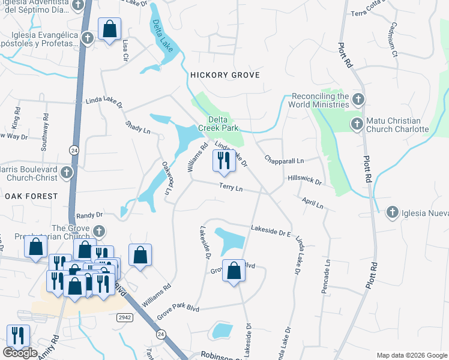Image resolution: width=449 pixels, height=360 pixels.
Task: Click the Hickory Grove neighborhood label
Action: pos(224,75)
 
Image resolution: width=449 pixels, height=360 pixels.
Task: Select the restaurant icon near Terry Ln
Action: pos(223,160)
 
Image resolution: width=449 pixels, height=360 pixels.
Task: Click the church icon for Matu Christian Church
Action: pos(356,124)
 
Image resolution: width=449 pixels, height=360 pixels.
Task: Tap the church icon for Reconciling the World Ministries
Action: pos(358,99)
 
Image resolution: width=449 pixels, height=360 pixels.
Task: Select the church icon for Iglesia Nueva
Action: pos(392,212)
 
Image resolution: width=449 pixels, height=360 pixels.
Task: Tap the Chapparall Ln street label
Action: pos(285,161)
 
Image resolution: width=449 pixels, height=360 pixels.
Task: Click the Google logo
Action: pos(20,353)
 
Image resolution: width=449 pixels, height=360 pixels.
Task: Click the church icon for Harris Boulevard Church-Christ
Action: pos(67,173)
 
